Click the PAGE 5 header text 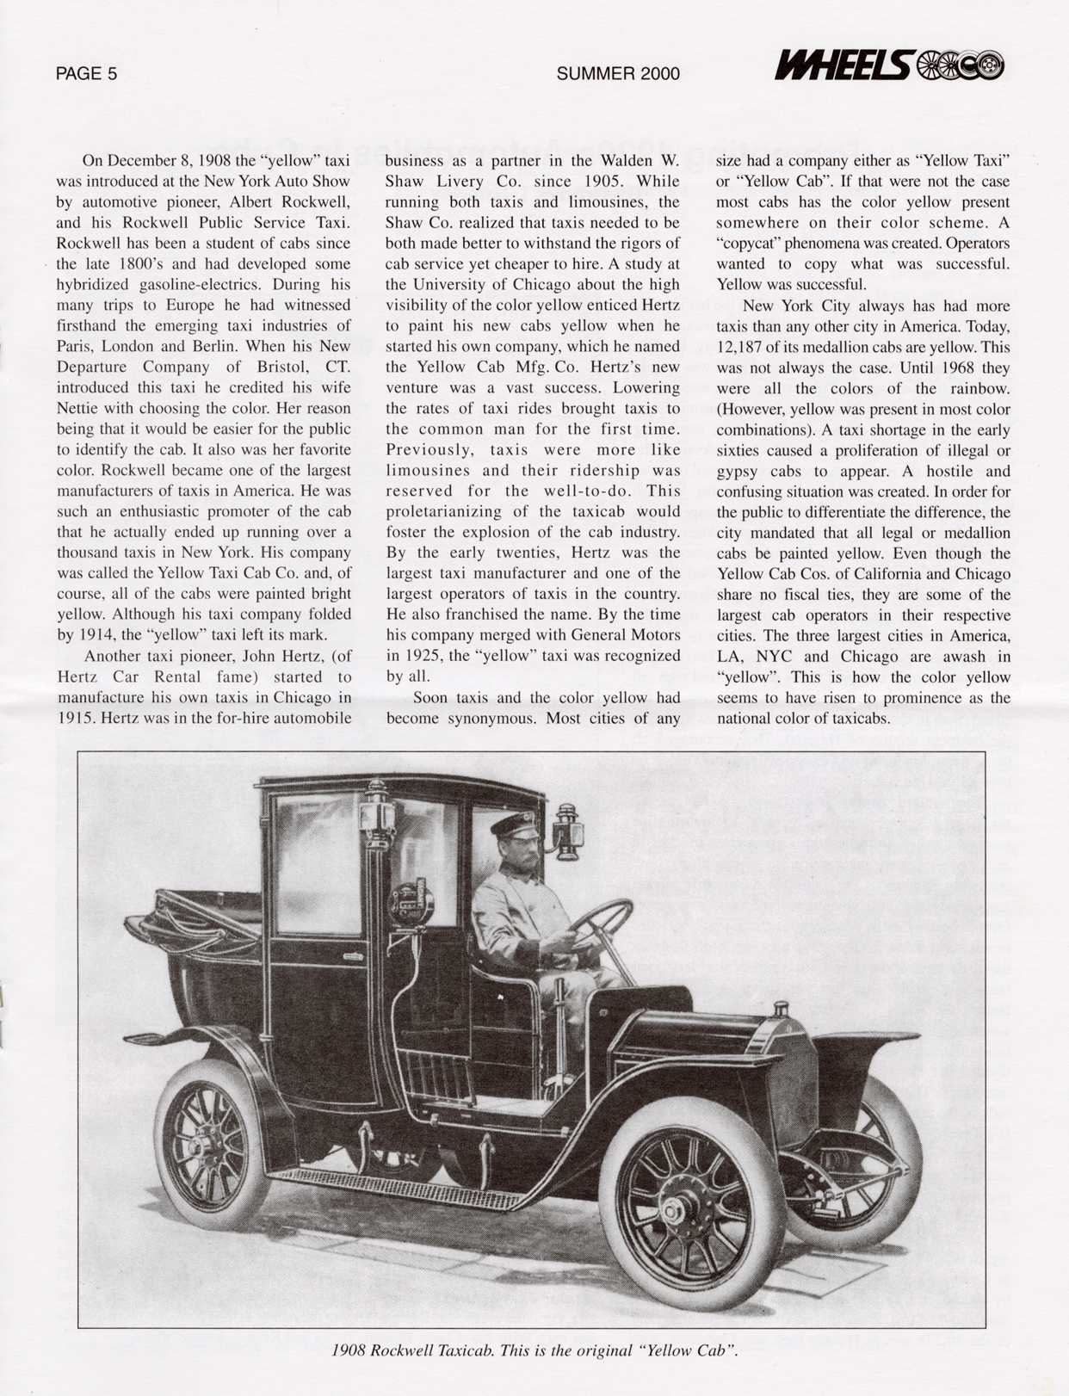coord(86,74)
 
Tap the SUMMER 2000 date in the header coord(617,74)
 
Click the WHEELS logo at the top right coord(889,65)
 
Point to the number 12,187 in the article coord(748,348)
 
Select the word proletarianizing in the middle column coord(451,512)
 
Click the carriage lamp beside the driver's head coord(569,830)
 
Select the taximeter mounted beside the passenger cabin coord(412,900)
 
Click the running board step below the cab coord(396,1185)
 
